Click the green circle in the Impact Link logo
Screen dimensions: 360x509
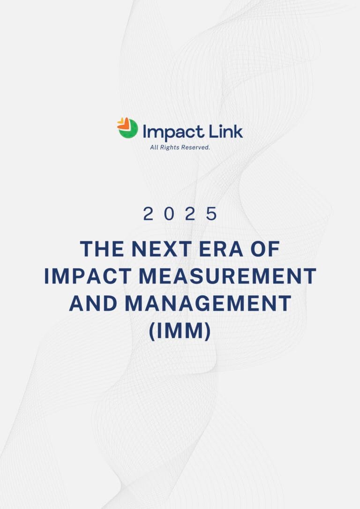128,130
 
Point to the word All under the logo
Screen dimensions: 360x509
154,147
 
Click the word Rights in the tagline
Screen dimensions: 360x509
169,148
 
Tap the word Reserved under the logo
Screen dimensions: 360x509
195,147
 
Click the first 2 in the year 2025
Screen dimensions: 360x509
148,214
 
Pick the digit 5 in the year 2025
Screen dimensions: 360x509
211,214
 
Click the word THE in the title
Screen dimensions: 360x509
102,249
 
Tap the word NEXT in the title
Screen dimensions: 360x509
161,249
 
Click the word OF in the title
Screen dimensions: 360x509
265,249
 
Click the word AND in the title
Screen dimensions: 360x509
93,304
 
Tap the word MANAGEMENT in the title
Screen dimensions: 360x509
208,304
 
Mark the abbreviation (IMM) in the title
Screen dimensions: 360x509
180,331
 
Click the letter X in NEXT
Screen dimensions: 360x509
168,249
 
